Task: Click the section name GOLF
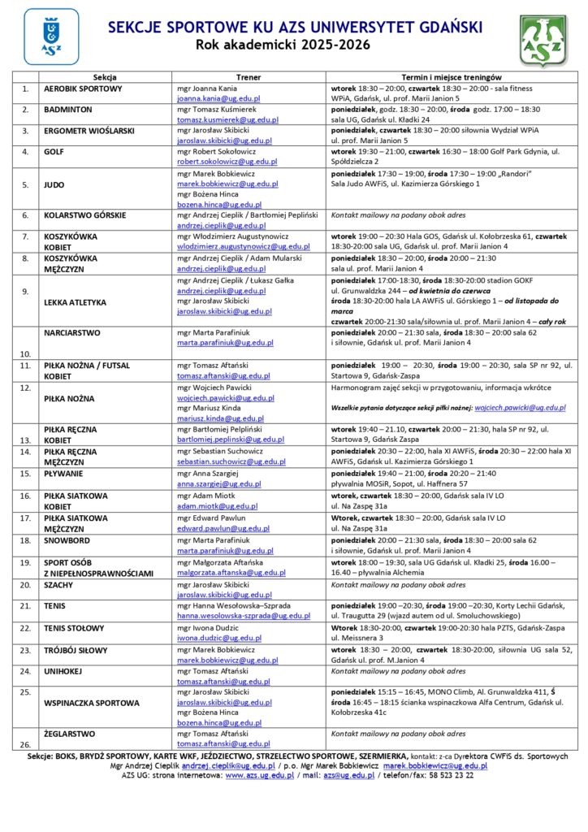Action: coord(57,151)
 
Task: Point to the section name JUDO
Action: coord(55,184)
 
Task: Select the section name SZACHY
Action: coord(59,584)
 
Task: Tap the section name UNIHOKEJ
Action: coord(64,671)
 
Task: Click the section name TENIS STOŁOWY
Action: coord(74,628)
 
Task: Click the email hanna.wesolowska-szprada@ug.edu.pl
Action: coord(244,617)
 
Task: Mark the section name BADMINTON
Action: coord(68,109)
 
